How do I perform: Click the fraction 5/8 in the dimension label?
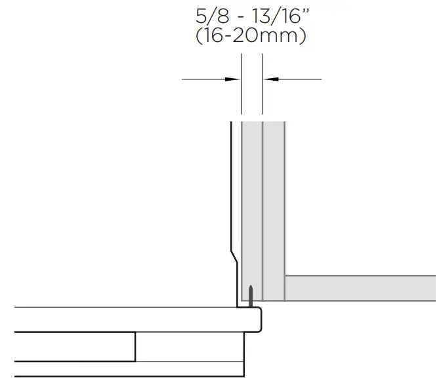[x=208, y=15]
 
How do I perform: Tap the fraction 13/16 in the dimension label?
[x=268, y=15]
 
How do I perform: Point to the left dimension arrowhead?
[x=234, y=79]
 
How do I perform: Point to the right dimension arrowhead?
[x=270, y=79]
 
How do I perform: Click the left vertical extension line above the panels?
[x=242, y=92]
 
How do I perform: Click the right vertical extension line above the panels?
[x=262, y=92]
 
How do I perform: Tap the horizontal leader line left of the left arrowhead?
[x=203, y=79]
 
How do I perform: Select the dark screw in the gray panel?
[x=250, y=295]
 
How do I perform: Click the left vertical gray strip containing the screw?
[x=252, y=197]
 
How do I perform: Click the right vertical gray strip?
[x=273, y=197]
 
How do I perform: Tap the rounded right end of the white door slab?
[x=258, y=319]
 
